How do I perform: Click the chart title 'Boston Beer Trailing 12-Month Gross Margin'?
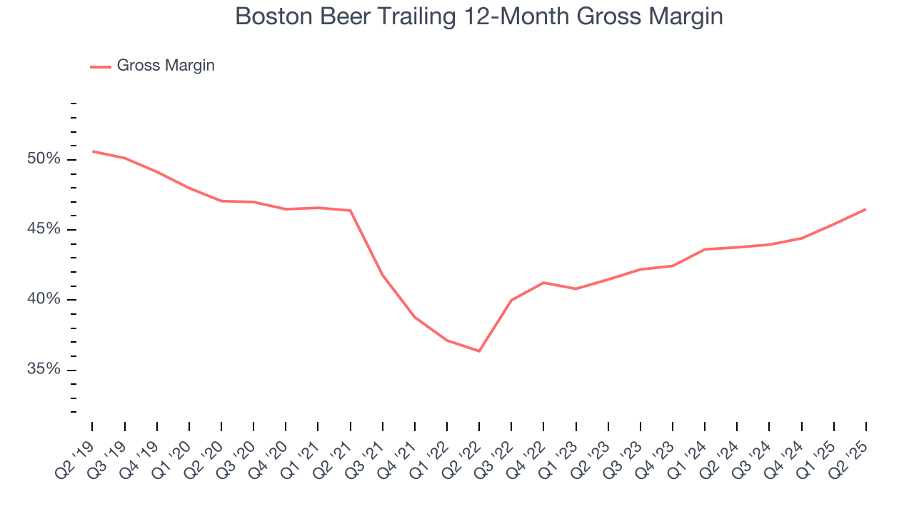click(x=478, y=16)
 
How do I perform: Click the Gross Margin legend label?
click(x=166, y=66)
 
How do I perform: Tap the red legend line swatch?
click(x=101, y=66)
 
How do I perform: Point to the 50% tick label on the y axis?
click(x=44, y=159)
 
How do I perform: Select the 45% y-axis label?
click(x=44, y=229)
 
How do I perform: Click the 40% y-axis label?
click(x=44, y=300)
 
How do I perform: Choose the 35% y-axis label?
click(x=44, y=370)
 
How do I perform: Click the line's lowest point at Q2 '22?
click(x=479, y=351)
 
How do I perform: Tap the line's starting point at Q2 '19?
click(x=93, y=151)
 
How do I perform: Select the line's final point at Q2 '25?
click(x=866, y=209)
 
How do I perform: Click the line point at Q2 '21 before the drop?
click(x=351, y=211)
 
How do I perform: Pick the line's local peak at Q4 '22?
click(x=544, y=283)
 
